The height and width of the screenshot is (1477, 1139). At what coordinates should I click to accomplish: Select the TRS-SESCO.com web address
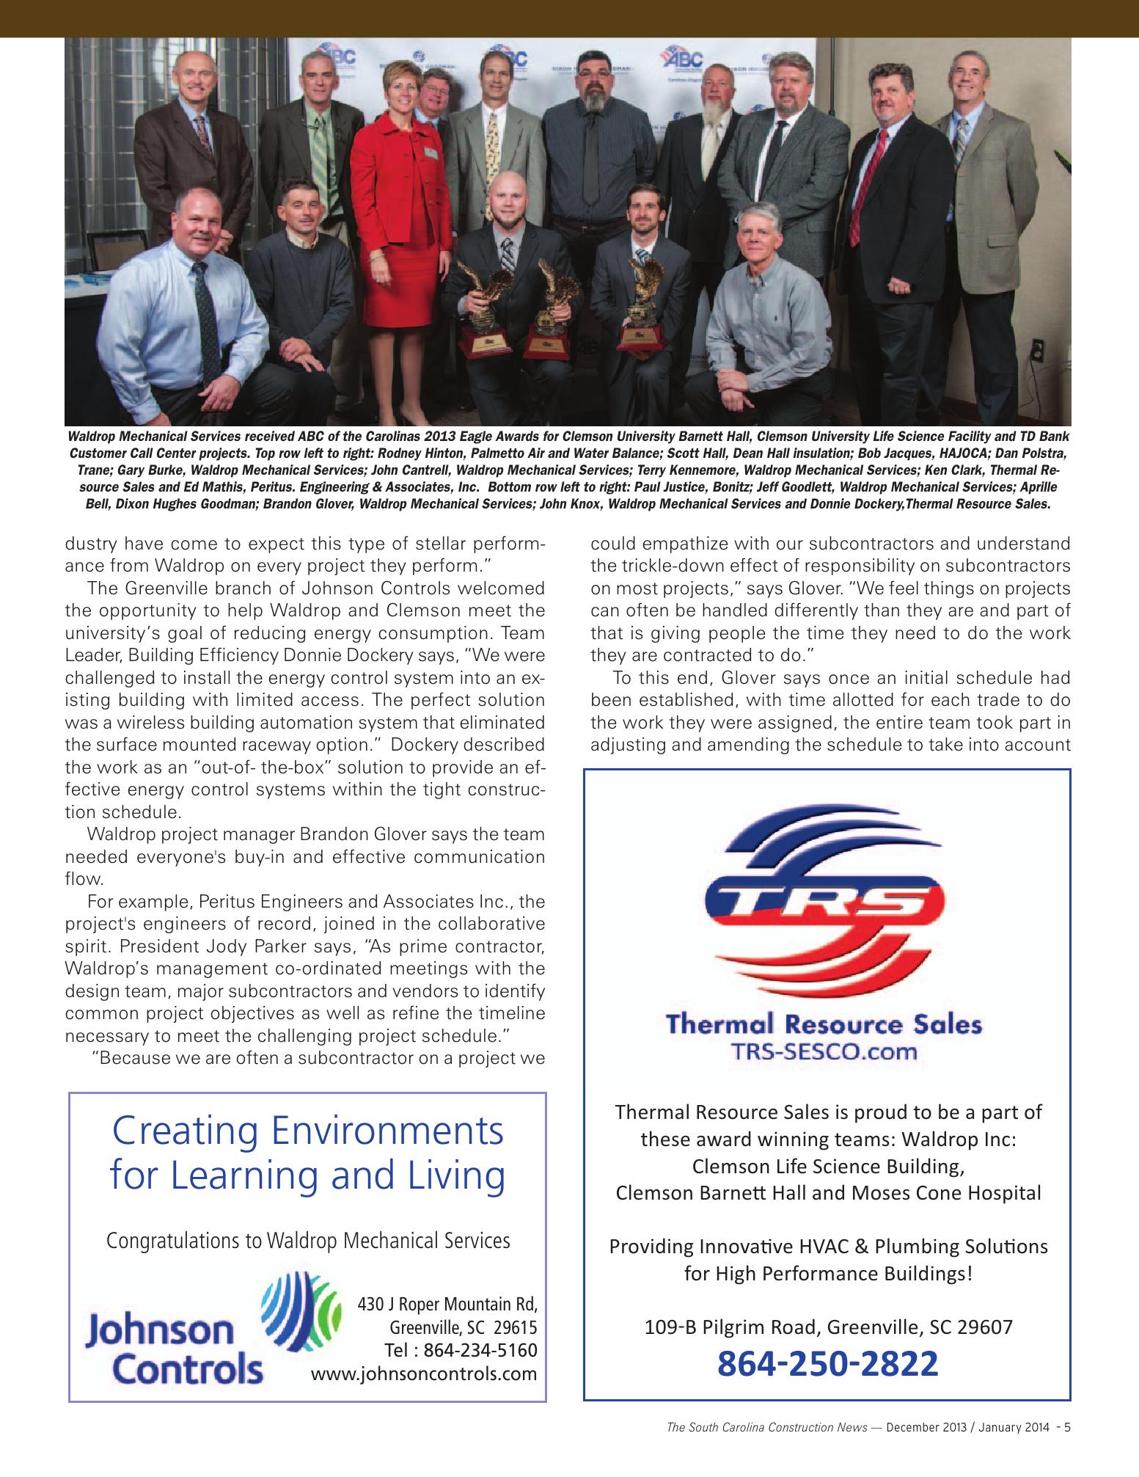(824, 1051)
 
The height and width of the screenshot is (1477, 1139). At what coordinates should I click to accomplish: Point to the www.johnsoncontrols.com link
(424, 1374)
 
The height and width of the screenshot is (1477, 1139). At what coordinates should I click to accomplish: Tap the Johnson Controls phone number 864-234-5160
(461, 1350)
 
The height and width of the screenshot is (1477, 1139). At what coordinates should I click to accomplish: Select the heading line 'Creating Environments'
(307, 1131)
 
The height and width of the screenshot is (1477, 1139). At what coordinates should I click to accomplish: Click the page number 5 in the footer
(1067, 1427)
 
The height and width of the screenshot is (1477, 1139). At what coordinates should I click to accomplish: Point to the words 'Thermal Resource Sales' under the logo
(823, 1024)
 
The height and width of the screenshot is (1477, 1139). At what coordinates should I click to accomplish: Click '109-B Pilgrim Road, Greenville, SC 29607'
(828, 1327)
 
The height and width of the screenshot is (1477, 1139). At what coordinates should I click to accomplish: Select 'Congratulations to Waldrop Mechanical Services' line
(308, 1240)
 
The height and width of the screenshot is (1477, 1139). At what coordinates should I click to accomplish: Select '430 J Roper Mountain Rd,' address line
(447, 1304)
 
